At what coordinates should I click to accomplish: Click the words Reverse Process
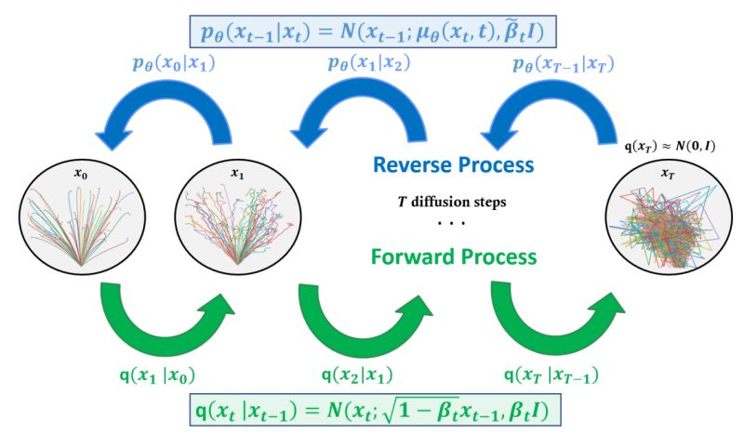coord(453,165)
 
